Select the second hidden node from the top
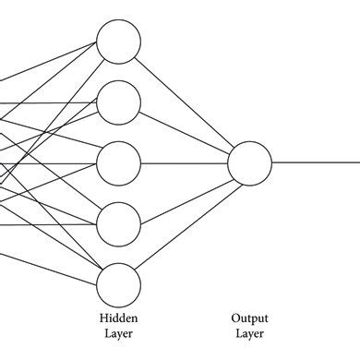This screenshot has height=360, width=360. pyautogui.click(x=119, y=102)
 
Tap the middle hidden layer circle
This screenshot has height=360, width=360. pyautogui.click(x=119, y=162)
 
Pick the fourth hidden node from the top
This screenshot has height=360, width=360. pyautogui.click(x=119, y=222)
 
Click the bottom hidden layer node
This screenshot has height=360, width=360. pyautogui.click(x=119, y=282)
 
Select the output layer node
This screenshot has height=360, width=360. pyautogui.click(x=250, y=162)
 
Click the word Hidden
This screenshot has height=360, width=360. pyautogui.click(x=119, y=317)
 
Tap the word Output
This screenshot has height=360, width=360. pyautogui.click(x=250, y=317)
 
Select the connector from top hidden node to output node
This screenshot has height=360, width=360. pyautogui.click(x=185, y=102)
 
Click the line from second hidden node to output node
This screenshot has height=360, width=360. pyautogui.click(x=185, y=132)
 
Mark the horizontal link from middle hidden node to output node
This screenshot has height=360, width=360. pyautogui.click(x=185, y=162)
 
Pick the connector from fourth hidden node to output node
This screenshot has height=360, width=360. pyautogui.click(x=185, y=193)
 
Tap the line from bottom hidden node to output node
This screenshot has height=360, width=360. pyautogui.click(x=185, y=222)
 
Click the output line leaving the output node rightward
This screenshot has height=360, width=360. pyautogui.click(x=314, y=162)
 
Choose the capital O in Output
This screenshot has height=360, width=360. pyautogui.click(x=235, y=317)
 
